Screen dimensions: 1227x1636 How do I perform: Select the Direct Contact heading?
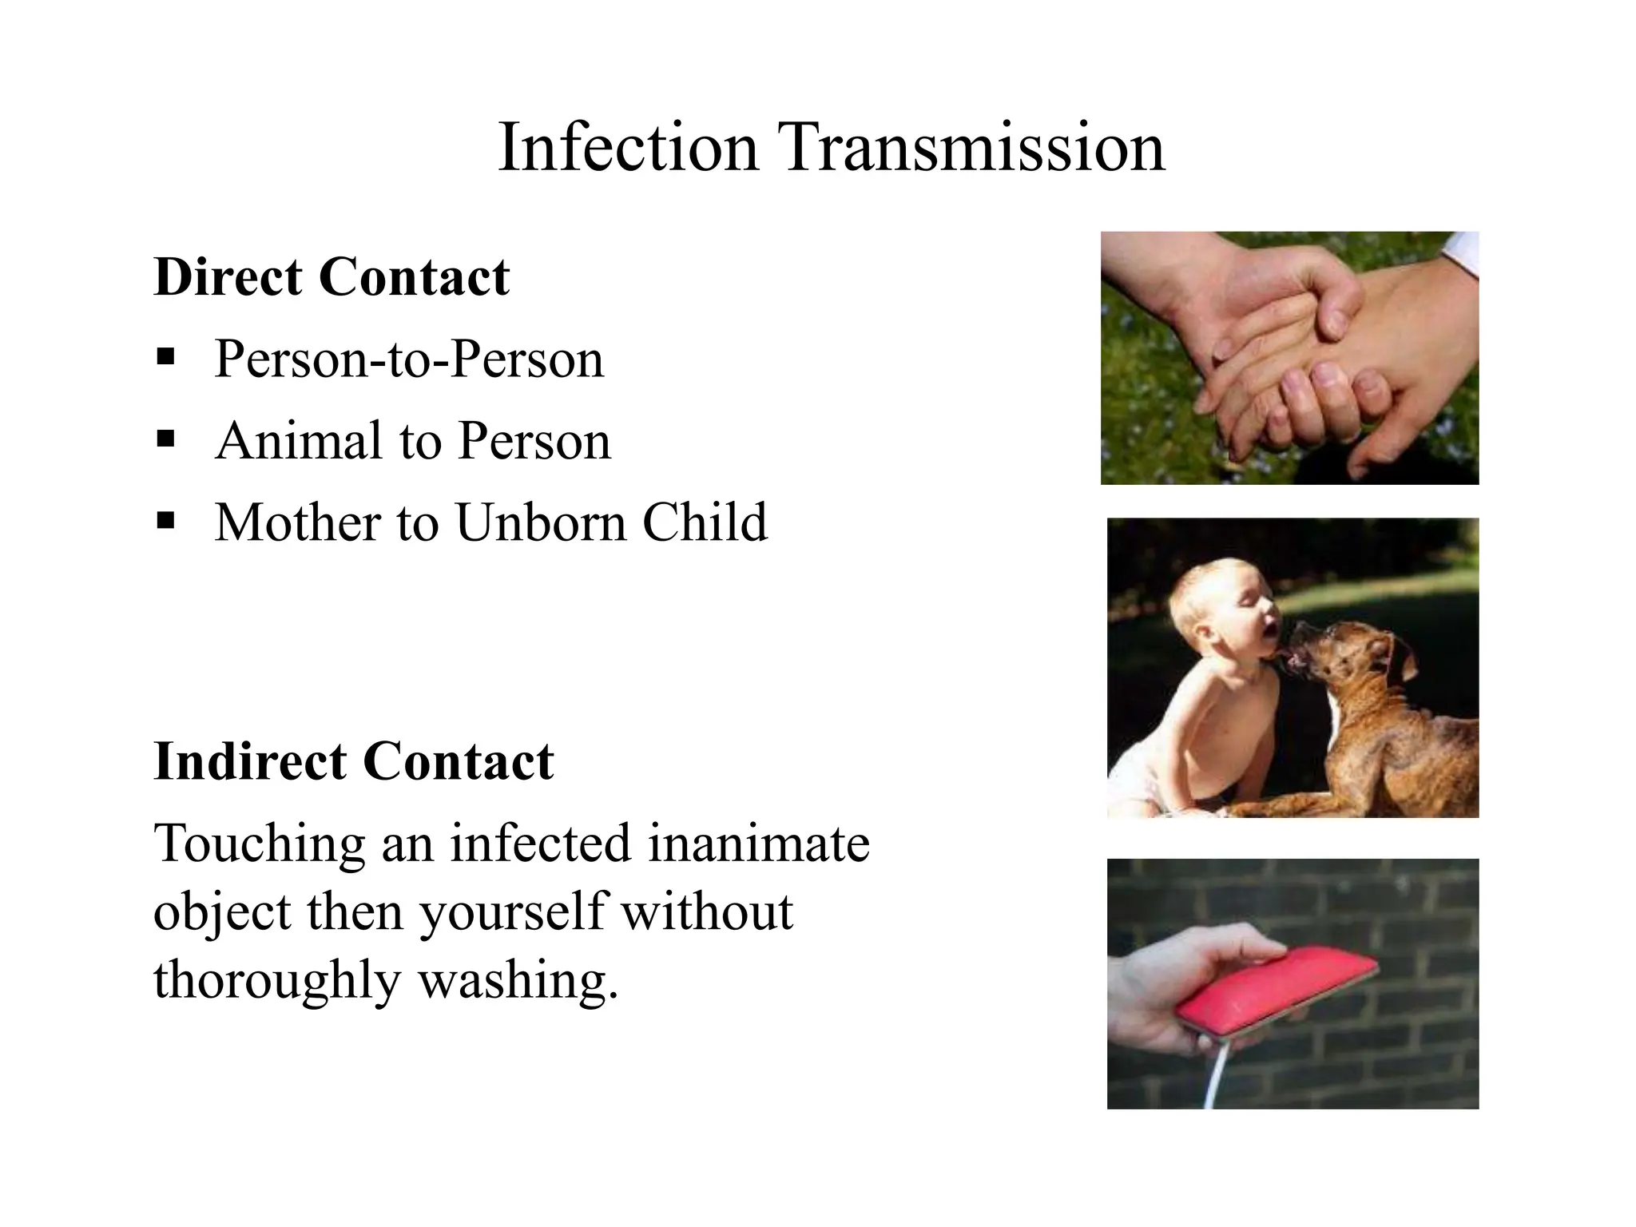(332, 277)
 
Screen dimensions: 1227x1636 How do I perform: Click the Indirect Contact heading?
(353, 760)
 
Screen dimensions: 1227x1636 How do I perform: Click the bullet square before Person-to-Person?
(166, 355)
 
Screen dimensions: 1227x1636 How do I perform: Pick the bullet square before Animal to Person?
(166, 438)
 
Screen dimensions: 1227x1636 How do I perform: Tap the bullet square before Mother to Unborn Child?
(166, 521)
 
